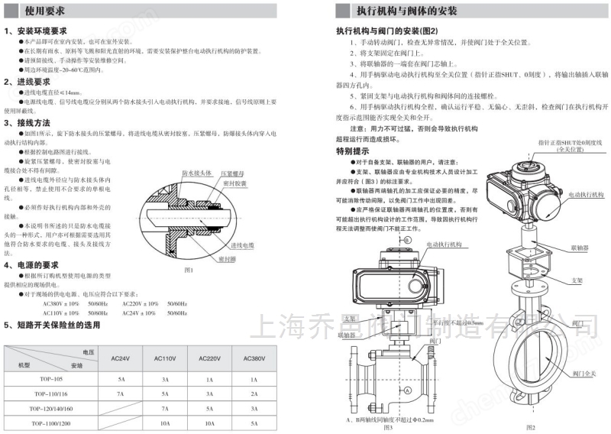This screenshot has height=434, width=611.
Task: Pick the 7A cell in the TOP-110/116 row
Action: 120,393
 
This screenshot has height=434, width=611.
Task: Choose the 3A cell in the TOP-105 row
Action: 166,378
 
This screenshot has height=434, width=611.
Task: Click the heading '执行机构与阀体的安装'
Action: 405,11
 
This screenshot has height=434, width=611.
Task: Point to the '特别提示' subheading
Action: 352,151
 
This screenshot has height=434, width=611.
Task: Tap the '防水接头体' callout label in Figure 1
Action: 198,173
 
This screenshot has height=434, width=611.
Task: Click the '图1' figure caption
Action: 189,270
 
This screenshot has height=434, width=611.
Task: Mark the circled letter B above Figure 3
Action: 408,240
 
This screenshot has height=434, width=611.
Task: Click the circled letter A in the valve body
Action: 408,390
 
